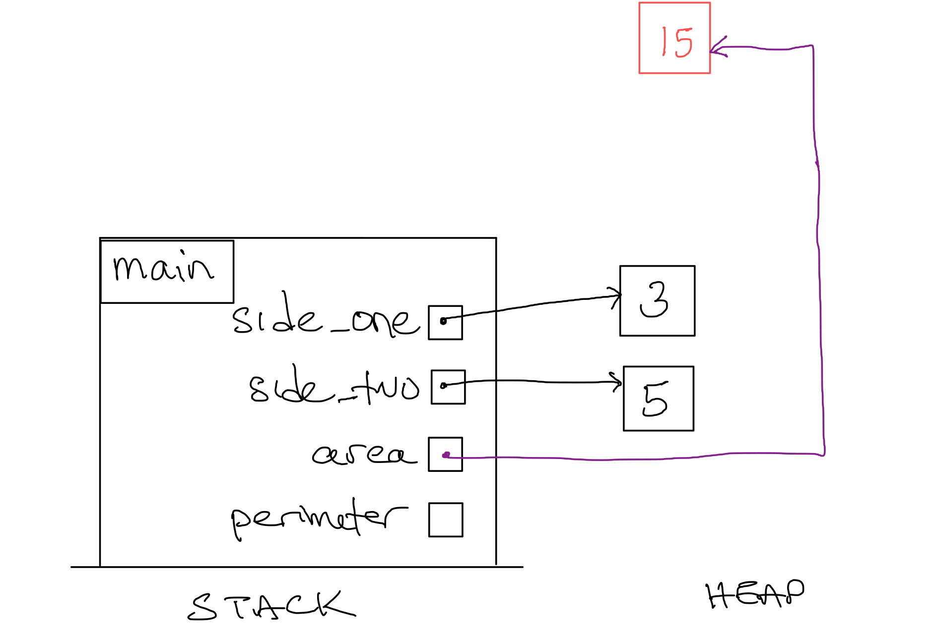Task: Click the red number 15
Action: click(676, 42)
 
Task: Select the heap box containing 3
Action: click(657, 301)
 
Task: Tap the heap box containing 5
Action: click(658, 399)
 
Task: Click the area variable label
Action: click(364, 454)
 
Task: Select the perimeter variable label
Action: click(319, 519)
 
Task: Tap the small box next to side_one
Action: click(445, 322)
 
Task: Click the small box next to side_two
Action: click(448, 387)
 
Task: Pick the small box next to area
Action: click(445, 454)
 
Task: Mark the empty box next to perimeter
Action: click(446, 519)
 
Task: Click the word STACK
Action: click(271, 606)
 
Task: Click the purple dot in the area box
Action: click(446, 455)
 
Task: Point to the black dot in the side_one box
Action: click(443, 321)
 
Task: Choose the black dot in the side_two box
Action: click(443, 385)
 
